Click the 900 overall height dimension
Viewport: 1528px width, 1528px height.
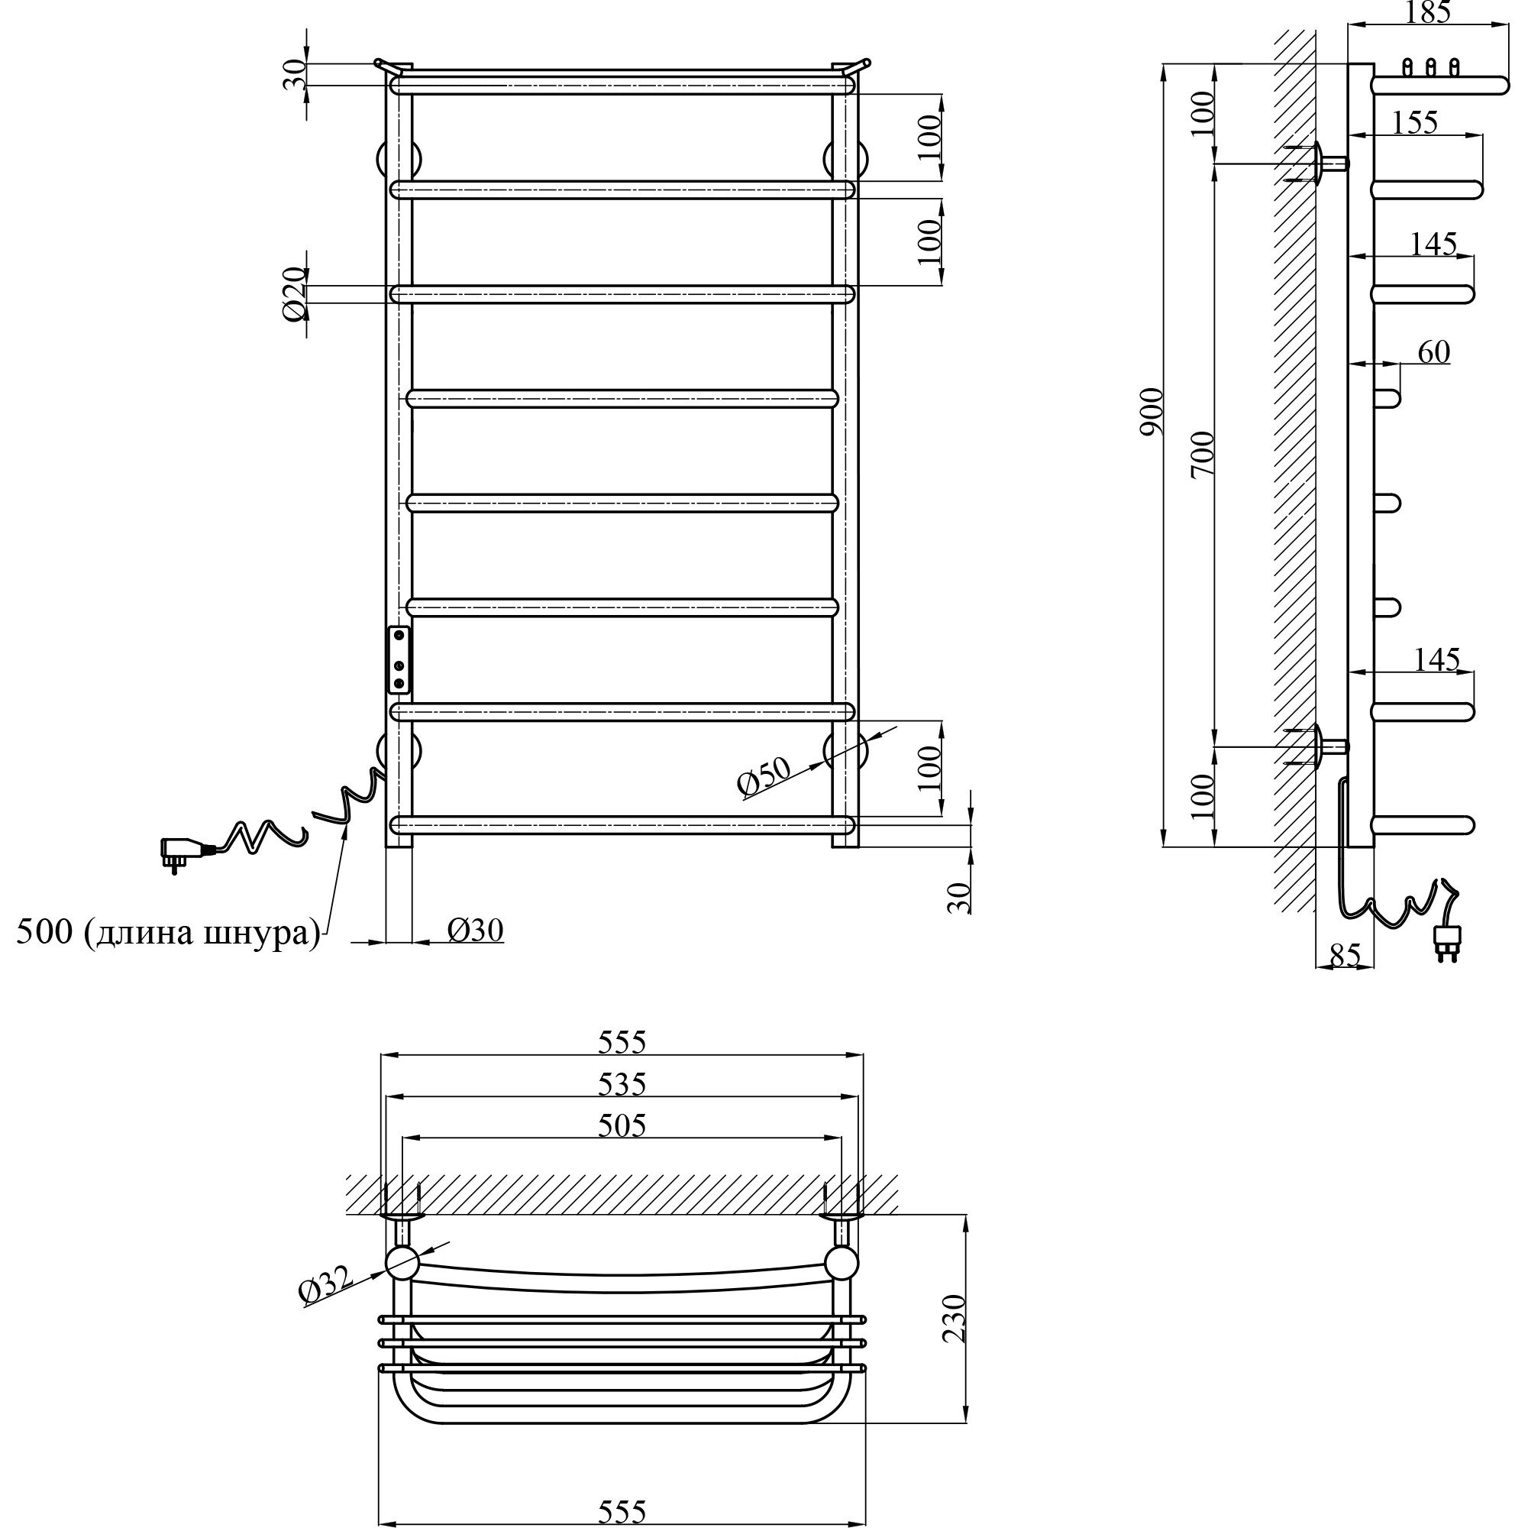pos(1152,411)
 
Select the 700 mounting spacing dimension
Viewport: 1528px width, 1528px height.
pos(1202,453)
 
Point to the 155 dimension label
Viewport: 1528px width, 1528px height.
pos(1414,123)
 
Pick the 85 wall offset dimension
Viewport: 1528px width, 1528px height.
pos(1345,955)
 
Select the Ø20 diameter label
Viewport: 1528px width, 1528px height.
pos(294,293)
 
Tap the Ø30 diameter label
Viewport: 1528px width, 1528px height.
pos(474,930)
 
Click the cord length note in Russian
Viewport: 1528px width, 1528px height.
pos(169,933)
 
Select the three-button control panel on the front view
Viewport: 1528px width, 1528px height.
pos(399,659)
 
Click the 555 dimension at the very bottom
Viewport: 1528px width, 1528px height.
pos(622,1511)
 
